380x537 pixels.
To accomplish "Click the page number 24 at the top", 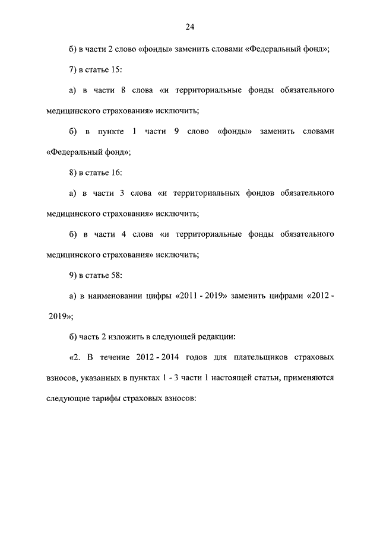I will [189, 27].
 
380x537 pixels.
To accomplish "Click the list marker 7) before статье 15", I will [73, 70].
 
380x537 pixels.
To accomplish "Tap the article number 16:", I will [115, 172].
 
